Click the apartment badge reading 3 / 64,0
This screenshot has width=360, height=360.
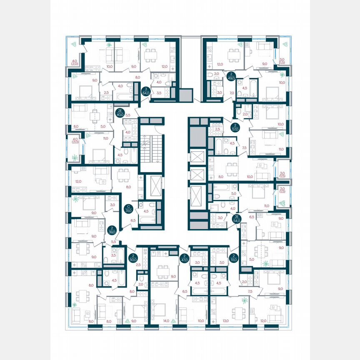[145, 91]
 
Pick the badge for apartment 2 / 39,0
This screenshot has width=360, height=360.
[111, 230]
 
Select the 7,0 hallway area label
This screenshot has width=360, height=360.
[231, 93]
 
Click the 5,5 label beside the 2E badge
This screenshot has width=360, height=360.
[128, 115]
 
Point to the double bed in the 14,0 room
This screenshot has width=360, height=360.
[158, 310]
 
